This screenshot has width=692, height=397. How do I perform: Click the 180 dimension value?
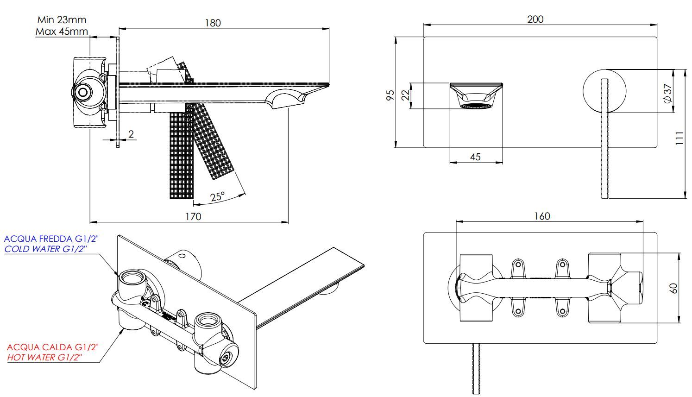click(x=213, y=23)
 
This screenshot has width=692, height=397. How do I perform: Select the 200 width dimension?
click(x=535, y=19)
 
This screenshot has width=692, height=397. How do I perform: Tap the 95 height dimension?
click(x=390, y=95)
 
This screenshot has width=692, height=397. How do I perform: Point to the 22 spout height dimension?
click(x=405, y=95)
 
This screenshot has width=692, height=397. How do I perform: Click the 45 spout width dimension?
click(x=475, y=157)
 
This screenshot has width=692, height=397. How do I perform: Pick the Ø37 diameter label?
click(x=667, y=93)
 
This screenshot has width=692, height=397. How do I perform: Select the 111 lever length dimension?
click(x=679, y=138)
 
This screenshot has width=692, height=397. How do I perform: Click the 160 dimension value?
click(x=542, y=216)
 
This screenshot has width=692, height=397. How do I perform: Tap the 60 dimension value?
click(x=674, y=288)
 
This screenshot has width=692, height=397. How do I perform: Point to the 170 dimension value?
click(x=193, y=216)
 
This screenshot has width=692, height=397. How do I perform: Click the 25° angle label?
click(x=217, y=196)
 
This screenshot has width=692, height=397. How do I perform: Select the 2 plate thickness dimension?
click(x=131, y=134)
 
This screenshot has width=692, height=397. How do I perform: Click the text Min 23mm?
click(x=62, y=20)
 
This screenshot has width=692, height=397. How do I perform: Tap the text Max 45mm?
click(x=62, y=32)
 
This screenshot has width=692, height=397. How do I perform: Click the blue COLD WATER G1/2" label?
click(x=45, y=249)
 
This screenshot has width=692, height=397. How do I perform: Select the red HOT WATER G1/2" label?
click(x=44, y=357)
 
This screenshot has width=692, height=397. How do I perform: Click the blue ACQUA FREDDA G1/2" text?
click(x=51, y=239)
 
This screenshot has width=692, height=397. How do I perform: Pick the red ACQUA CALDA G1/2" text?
click(x=53, y=347)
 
